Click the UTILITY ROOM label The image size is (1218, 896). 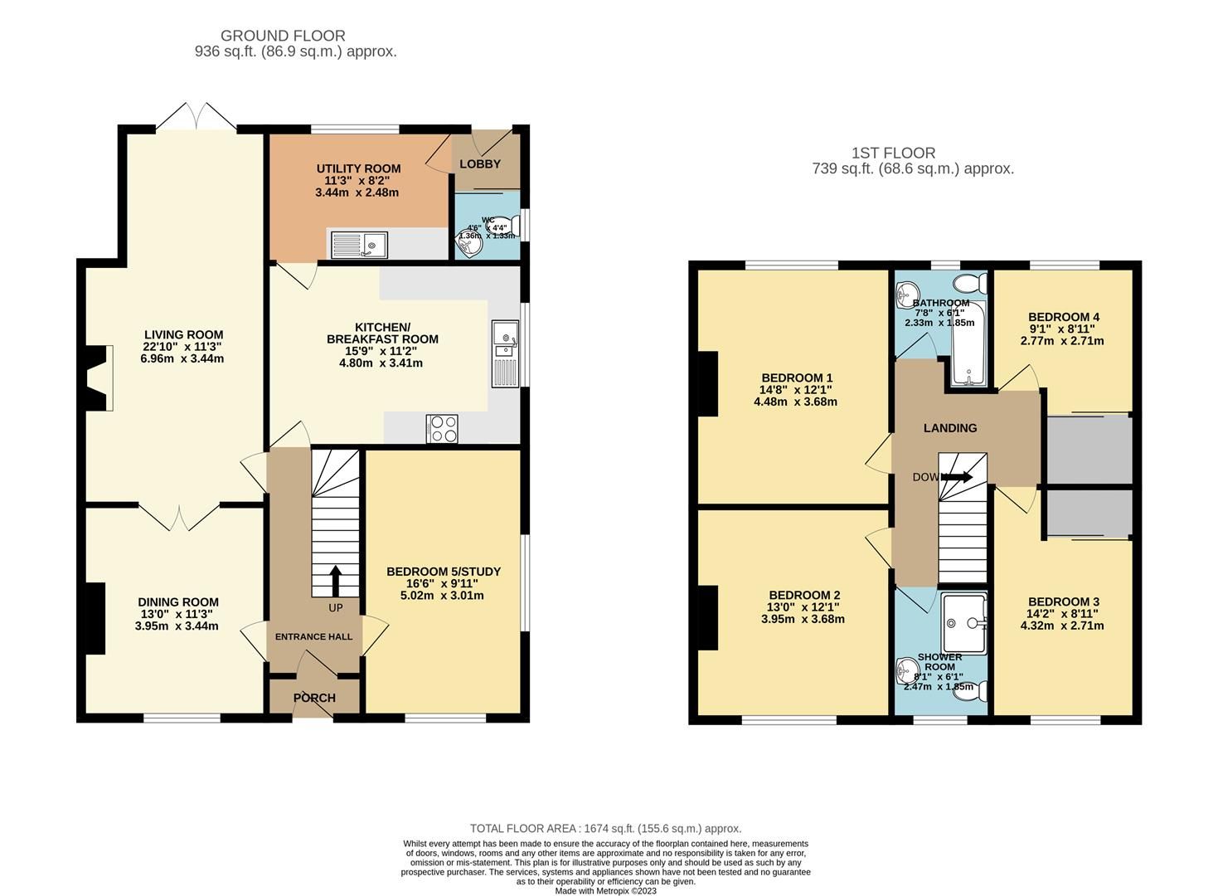[358, 168]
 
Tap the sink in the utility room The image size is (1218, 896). [359, 245]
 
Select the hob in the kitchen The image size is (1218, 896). [442, 429]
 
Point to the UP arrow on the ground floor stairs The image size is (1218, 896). [336, 581]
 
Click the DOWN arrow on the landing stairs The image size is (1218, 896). [957, 477]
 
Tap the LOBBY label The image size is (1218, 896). [480, 163]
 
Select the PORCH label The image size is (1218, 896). [314, 698]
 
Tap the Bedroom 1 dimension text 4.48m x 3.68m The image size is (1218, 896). [795, 402]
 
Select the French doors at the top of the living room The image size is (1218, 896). [197, 116]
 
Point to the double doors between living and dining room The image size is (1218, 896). [179, 516]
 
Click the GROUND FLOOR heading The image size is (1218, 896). [283, 36]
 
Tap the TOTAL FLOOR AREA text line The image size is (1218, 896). [605, 828]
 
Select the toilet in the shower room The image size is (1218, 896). [971, 691]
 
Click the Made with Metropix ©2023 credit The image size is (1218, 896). [605, 891]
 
